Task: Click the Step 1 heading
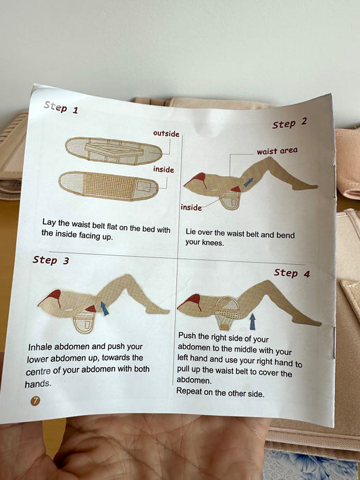pos(61,107)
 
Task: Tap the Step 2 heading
pos(289,124)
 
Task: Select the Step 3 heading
pos(51,260)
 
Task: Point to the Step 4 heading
pos(292,273)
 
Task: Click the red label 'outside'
pos(166,134)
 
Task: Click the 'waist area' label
pos(277,151)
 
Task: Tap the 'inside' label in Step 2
pos(191,207)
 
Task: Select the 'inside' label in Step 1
pos(163,169)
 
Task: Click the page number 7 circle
pos(35,401)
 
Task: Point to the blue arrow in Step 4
pos(252,321)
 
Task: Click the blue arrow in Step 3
pos(105,309)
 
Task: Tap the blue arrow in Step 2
pos(249,182)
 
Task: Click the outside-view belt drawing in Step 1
pos(113,151)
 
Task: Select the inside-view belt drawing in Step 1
pos(109,186)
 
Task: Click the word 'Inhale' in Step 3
pos(39,347)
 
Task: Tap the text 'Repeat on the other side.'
pos(220,392)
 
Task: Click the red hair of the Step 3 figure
pos(52,296)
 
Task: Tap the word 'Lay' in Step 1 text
pos(49,222)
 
